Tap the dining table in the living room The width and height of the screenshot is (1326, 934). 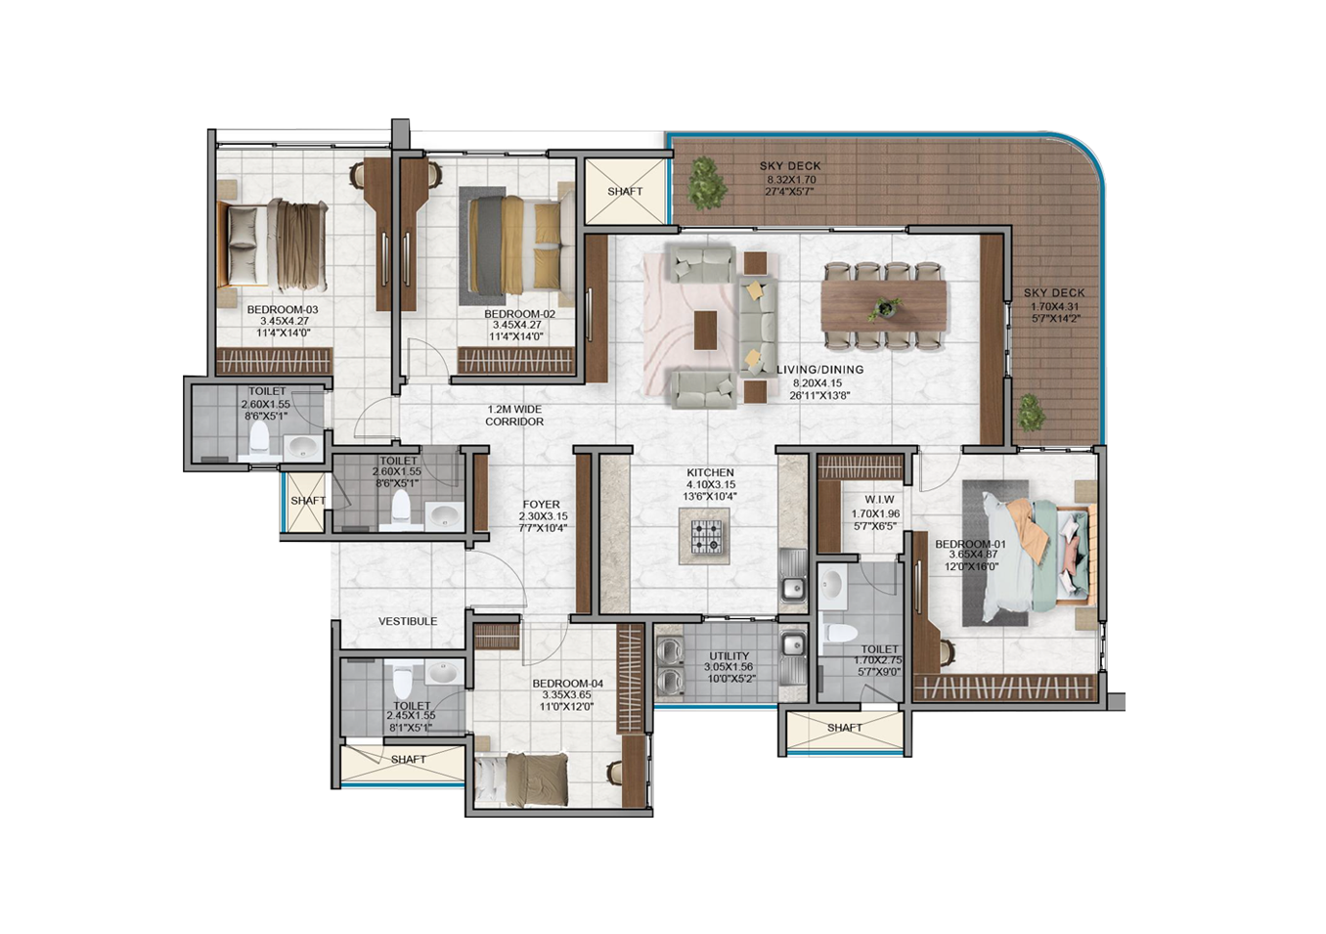coord(883,306)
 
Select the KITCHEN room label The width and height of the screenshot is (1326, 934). coord(710,472)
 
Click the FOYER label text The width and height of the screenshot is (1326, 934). coord(541,505)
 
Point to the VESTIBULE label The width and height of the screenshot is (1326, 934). coord(408,621)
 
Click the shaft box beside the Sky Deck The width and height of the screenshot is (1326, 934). coord(625,191)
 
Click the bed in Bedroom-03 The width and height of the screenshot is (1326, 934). coord(272,244)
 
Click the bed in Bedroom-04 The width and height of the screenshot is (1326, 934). coord(521,780)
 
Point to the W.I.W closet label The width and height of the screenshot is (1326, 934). coord(879,500)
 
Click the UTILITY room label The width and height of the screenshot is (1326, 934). coord(729,656)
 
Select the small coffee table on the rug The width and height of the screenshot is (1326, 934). coord(706,330)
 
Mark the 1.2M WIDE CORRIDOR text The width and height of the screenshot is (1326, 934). coord(514,415)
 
